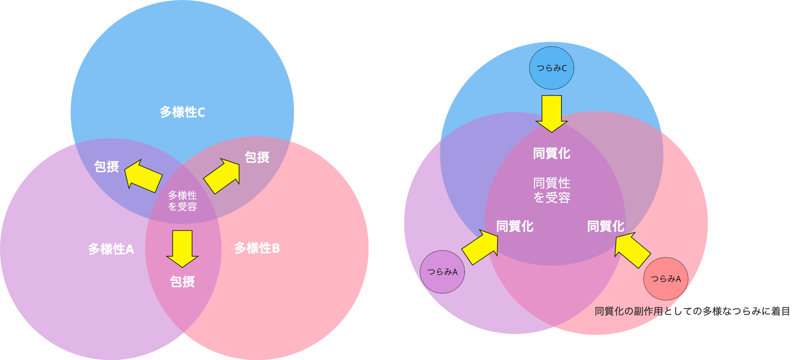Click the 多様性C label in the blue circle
click(182, 112)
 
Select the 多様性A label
click(111, 249)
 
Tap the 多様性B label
click(257, 248)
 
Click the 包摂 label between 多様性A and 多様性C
click(107, 167)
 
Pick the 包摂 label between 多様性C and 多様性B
click(257, 157)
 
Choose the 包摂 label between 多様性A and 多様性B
click(182, 281)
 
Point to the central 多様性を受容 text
click(182, 200)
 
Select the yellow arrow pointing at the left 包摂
click(144, 176)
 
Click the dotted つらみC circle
click(551, 68)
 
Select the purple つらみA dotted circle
click(442, 272)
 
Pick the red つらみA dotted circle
click(666, 278)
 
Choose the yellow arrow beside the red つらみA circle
click(632, 249)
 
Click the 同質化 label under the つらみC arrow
click(551, 153)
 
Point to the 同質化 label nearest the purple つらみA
click(515, 226)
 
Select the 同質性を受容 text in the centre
click(551, 190)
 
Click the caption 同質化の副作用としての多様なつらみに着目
click(692, 311)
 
